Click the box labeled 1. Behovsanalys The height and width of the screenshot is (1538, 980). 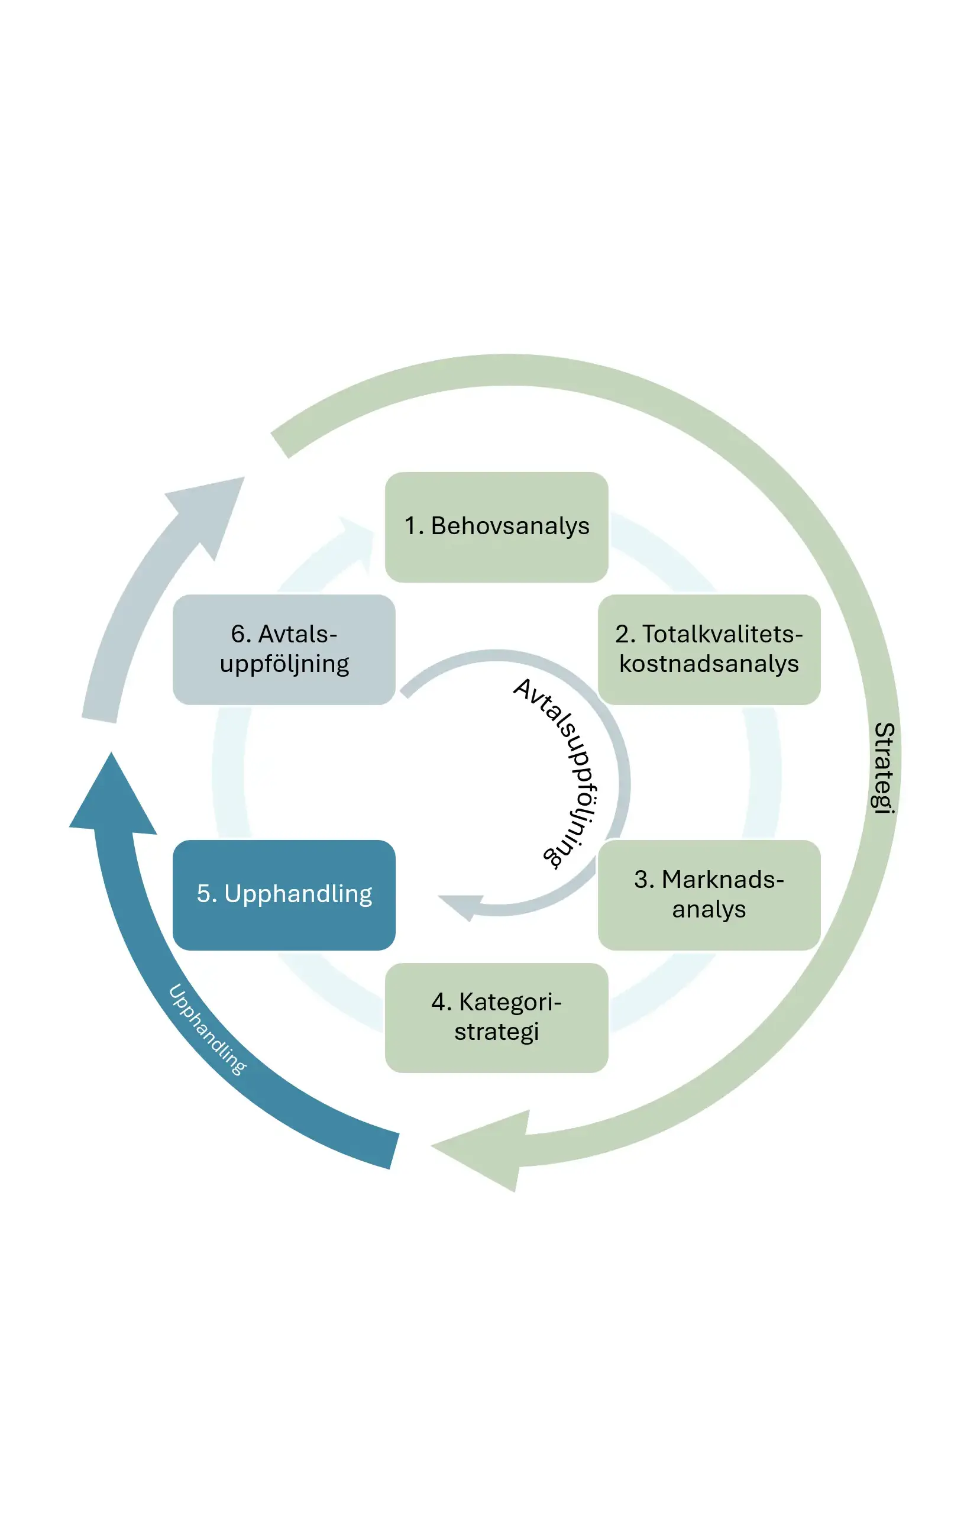(496, 527)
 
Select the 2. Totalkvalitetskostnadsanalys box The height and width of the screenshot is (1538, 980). (709, 650)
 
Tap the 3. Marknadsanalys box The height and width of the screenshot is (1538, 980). (709, 895)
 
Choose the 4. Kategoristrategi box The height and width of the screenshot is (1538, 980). (496, 1017)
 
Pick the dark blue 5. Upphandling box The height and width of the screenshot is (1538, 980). (284, 895)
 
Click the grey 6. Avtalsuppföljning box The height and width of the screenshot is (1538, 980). (284, 650)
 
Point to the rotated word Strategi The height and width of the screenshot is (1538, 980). (884, 767)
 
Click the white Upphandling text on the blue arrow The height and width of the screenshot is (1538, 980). (207, 1029)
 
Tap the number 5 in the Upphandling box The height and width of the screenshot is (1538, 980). (203, 894)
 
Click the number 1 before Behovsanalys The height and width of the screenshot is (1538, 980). (410, 526)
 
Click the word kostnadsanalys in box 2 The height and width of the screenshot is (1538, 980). (709, 664)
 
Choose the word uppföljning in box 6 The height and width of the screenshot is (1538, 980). (284, 664)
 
